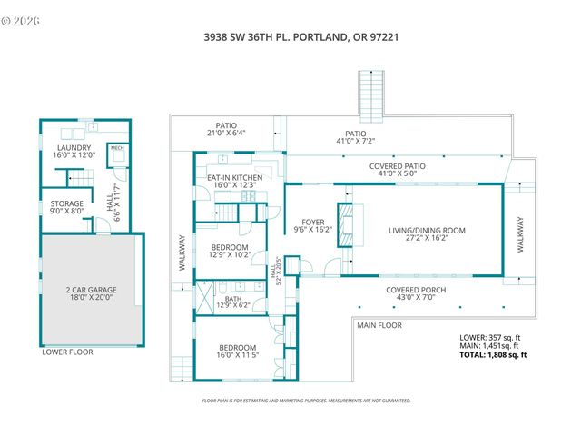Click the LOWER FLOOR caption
[x=67, y=352]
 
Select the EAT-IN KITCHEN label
[x=234, y=182]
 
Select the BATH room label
[x=233, y=300]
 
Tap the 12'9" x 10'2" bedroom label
[x=231, y=251]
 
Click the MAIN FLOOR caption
[x=379, y=325]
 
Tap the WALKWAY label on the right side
[x=520, y=233]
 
